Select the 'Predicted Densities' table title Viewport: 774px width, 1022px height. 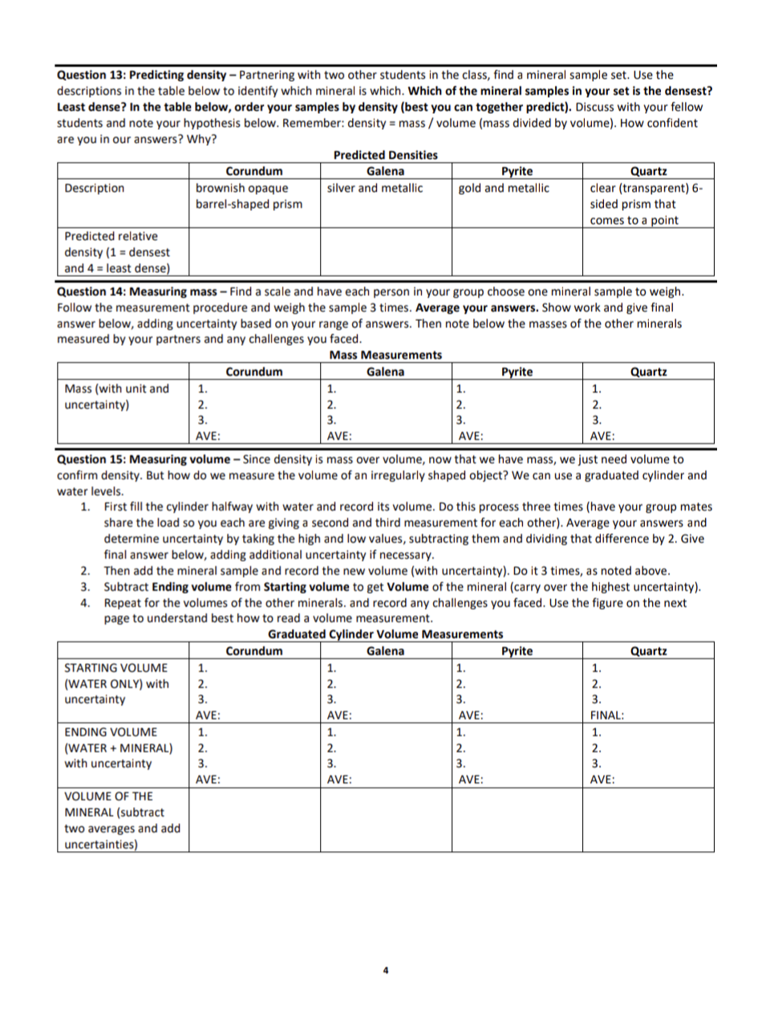[x=385, y=155]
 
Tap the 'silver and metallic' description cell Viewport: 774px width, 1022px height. [x=375, y=189]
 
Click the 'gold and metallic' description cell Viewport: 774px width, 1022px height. [x=504, y=189]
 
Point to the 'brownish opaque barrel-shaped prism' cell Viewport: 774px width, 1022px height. [x=249, y=197]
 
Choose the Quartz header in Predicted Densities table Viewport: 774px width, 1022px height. [x=648, y=171]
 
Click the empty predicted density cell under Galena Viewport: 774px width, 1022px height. [x=386, y=252]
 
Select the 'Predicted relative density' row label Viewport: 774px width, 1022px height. [x=117, y=252]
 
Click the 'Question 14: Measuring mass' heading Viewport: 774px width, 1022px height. [x=141, y=292]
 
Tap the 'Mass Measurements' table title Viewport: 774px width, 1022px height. [x=385, y=355]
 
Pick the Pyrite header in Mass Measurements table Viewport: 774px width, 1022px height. [x=517, y=372]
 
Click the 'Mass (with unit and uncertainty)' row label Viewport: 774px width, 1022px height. [x=117, y=397]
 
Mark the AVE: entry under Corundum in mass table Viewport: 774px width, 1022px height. [x=209, y=437]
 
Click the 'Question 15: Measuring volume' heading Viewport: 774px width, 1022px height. [x=148, y=460]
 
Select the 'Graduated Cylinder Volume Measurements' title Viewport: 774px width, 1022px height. [x=385, y=634]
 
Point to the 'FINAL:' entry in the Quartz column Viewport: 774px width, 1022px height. [x=607, y=715]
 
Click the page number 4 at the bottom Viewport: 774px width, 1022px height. [x=385, y=971]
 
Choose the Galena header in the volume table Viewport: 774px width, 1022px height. [x=385, y=651]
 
